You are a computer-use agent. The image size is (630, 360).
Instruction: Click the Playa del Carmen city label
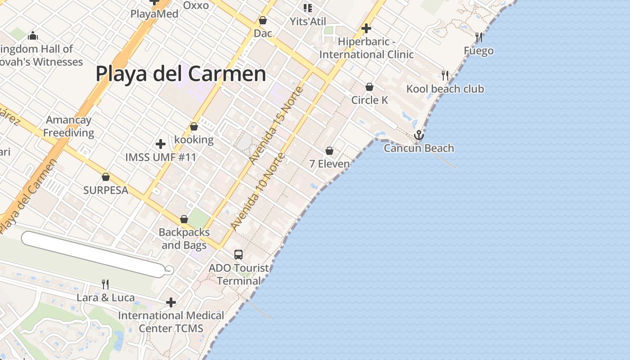pyautogui.click(x=181, y=74)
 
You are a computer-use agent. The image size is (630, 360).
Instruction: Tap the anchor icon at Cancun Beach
pyautogui.click(x=419, y=135)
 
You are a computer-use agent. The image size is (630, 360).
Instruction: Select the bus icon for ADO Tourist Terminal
pyautogui.click(x=238, y=255)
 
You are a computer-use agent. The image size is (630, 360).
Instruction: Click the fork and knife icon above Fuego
pyautogui.click(x=479, y=37)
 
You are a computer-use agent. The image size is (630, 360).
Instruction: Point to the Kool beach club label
pyautogui.click(x=445, y=89)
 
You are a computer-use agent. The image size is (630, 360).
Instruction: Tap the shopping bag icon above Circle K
pyautogui.click(x=369, y=87)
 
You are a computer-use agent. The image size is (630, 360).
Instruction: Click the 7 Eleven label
pyautogui.click(x=329, y=164)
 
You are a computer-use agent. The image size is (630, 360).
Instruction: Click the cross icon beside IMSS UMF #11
pyautogui.click(x=160, y=144)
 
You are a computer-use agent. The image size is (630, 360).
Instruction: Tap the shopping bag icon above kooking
pyautogui.click(x=194, y=127)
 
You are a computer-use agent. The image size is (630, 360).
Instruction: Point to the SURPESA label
pyautogui.click(x=106, y=190)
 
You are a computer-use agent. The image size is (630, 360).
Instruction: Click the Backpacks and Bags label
pyautogui.click(x=184, y=238)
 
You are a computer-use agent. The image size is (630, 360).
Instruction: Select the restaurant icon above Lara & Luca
pyautogui.click(x=105, y=284)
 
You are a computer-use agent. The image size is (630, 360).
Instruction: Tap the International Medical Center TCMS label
pyautogui.click(x=171, y=322)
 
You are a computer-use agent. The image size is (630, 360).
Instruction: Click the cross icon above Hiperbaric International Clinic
pyautogui.click(x=366, y=29)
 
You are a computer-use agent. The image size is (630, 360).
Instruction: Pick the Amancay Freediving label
pyautogui.click(x=69, y=126)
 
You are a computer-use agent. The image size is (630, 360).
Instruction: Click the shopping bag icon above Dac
pyautogui.click(x=263, y=21)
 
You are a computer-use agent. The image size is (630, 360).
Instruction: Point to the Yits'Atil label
pyautogui.click(x=308, y=21)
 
